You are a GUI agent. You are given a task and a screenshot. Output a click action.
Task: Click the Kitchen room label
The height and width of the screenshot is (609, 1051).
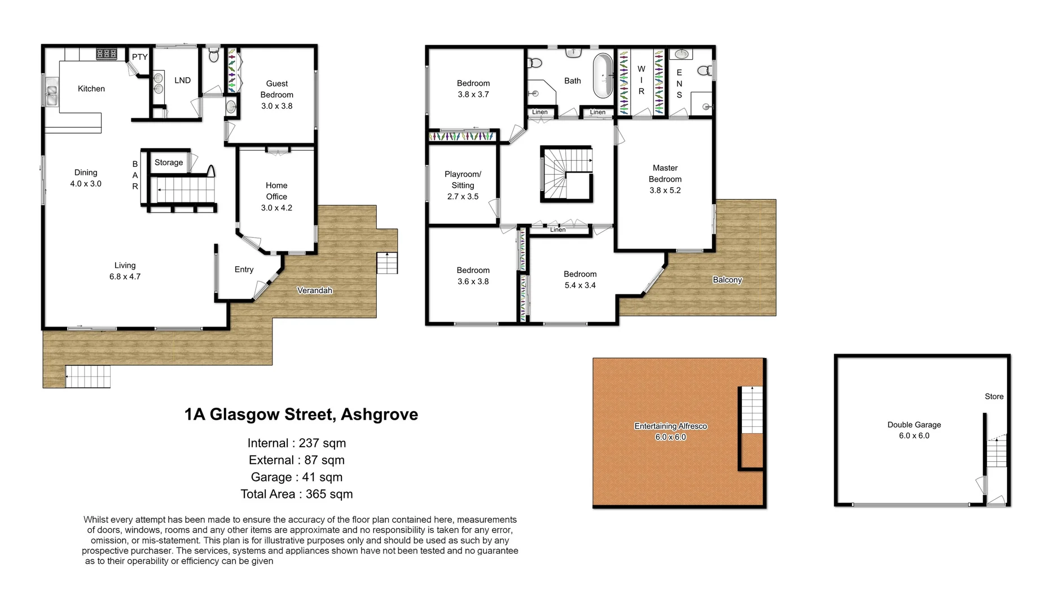click(91, 89)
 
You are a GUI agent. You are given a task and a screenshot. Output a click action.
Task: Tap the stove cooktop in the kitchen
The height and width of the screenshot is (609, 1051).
click(107, 54)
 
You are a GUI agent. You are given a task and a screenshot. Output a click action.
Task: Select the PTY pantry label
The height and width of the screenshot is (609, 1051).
click(139, 57)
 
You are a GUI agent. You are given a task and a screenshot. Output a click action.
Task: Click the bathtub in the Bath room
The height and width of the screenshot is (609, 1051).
click(603, 76)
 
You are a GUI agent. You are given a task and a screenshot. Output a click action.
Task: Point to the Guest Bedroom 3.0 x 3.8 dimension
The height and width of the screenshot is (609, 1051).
click(276, 106)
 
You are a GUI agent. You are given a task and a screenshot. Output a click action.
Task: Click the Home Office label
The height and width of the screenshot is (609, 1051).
click(276, 191)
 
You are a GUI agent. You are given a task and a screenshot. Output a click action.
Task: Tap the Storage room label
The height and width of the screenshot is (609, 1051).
click(169, 162)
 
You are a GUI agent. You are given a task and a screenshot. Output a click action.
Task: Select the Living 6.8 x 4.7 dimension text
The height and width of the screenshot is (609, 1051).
click(125, 276)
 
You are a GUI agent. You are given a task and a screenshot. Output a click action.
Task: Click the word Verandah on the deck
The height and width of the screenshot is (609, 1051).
click(315, 290)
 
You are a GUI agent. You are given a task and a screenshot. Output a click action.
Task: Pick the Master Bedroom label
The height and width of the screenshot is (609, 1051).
click(665, 173)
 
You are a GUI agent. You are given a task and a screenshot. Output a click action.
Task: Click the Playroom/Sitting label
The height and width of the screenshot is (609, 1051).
click(463, 179)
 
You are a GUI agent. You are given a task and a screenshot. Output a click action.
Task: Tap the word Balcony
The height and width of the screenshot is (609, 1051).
click(727, 280)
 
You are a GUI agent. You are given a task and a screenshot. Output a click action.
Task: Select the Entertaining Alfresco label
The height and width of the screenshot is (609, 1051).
click(670, 426)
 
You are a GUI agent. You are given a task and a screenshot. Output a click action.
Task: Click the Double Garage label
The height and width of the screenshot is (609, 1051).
click(914, 425)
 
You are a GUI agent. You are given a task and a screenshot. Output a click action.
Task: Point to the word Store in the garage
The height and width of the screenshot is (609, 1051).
click(994, 396)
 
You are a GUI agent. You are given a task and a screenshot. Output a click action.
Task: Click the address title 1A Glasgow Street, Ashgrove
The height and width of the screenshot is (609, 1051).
click(301, 414)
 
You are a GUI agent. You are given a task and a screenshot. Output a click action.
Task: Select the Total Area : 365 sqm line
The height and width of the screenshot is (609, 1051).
click(297, 494)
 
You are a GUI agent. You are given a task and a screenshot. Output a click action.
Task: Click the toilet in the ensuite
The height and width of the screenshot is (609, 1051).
click(705, 71)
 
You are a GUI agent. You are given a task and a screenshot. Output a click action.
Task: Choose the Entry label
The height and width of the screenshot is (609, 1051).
click(244, 270)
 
